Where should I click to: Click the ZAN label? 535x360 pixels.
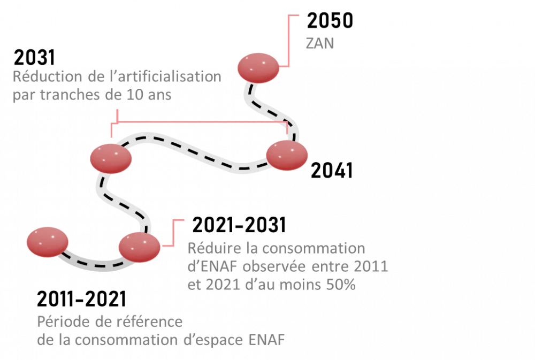tap(319, 43)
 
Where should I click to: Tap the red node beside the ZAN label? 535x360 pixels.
tap(258, 67)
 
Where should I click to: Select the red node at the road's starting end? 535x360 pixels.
tap(48, 241)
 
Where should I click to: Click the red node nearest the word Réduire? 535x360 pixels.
tap(139, 247)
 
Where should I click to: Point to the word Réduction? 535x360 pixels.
tap(46, 76)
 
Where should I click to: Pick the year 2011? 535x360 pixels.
tap(372, 266)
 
